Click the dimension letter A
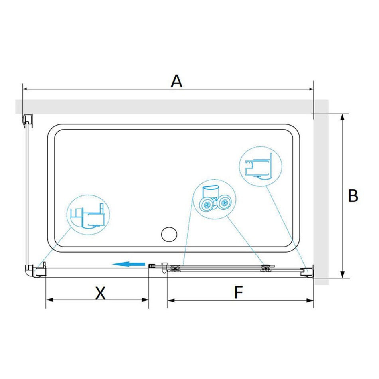[x=176, y=81]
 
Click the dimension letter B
[x=353, y=195]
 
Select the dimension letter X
[x=100, y=293]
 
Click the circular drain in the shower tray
[x=169, y=234]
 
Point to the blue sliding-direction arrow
[x=128, y=264]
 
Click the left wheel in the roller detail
[x=207, y=205]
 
